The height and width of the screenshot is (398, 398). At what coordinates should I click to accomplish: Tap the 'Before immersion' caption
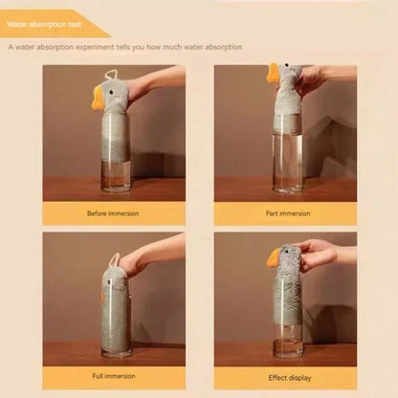pos(113,213)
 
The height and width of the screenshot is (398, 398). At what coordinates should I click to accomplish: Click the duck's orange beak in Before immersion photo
pos(99,96)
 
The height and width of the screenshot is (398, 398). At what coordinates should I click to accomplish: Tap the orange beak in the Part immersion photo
pos(274,73)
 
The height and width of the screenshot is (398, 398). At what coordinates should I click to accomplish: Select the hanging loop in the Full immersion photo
pos(114,259)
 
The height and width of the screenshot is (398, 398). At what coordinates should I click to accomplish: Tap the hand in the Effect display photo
pos(316,254)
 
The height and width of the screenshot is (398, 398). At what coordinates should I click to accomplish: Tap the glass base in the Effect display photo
pos(287,352)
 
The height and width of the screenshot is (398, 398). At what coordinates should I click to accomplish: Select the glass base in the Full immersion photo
pos(116,353)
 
